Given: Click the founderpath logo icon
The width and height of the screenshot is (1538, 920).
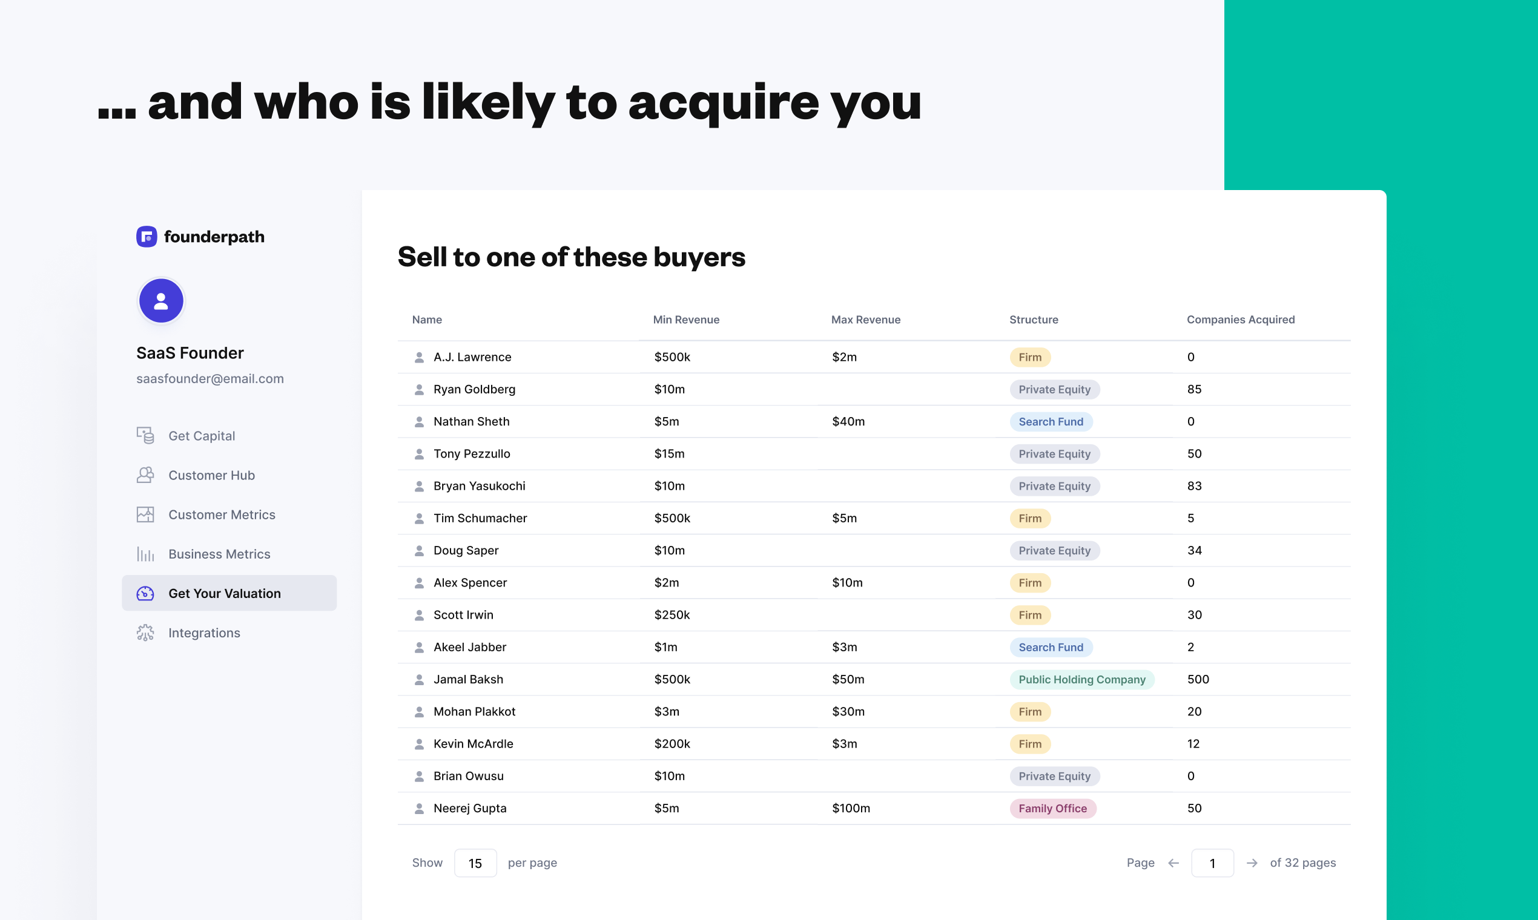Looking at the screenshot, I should (147, 236).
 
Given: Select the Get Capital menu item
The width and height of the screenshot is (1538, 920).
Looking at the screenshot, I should (201, 436).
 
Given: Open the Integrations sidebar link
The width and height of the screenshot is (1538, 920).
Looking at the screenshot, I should (203, 632).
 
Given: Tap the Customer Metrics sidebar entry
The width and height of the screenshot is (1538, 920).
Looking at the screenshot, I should (222, 514).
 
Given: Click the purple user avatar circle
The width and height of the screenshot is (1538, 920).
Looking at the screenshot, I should (161, 301).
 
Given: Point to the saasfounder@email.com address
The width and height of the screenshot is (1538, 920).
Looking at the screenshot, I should (210, 378).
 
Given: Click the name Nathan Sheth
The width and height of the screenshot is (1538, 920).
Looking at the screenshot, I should (471, 421).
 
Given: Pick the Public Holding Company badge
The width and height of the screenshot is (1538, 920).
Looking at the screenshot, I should (1081, 680).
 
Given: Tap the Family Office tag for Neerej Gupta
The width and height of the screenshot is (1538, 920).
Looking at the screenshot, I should (1052, 809).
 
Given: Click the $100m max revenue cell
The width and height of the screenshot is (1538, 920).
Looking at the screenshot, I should (851, 809).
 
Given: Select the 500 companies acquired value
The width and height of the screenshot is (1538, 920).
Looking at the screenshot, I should (1198, 680).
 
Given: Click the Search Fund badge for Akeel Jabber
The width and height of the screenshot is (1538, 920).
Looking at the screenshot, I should (1051, 647).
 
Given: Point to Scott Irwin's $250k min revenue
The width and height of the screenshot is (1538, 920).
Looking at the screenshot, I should (672, 615).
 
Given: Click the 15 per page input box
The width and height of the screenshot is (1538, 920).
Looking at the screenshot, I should (475, 863).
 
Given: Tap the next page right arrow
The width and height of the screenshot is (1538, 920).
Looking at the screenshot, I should (1252, 863).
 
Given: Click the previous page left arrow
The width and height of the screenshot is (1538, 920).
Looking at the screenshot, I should (1173, 863).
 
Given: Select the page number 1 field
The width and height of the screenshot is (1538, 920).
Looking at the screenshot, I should (1212, 863).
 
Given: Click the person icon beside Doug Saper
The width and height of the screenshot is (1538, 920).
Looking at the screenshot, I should (419, 551).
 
